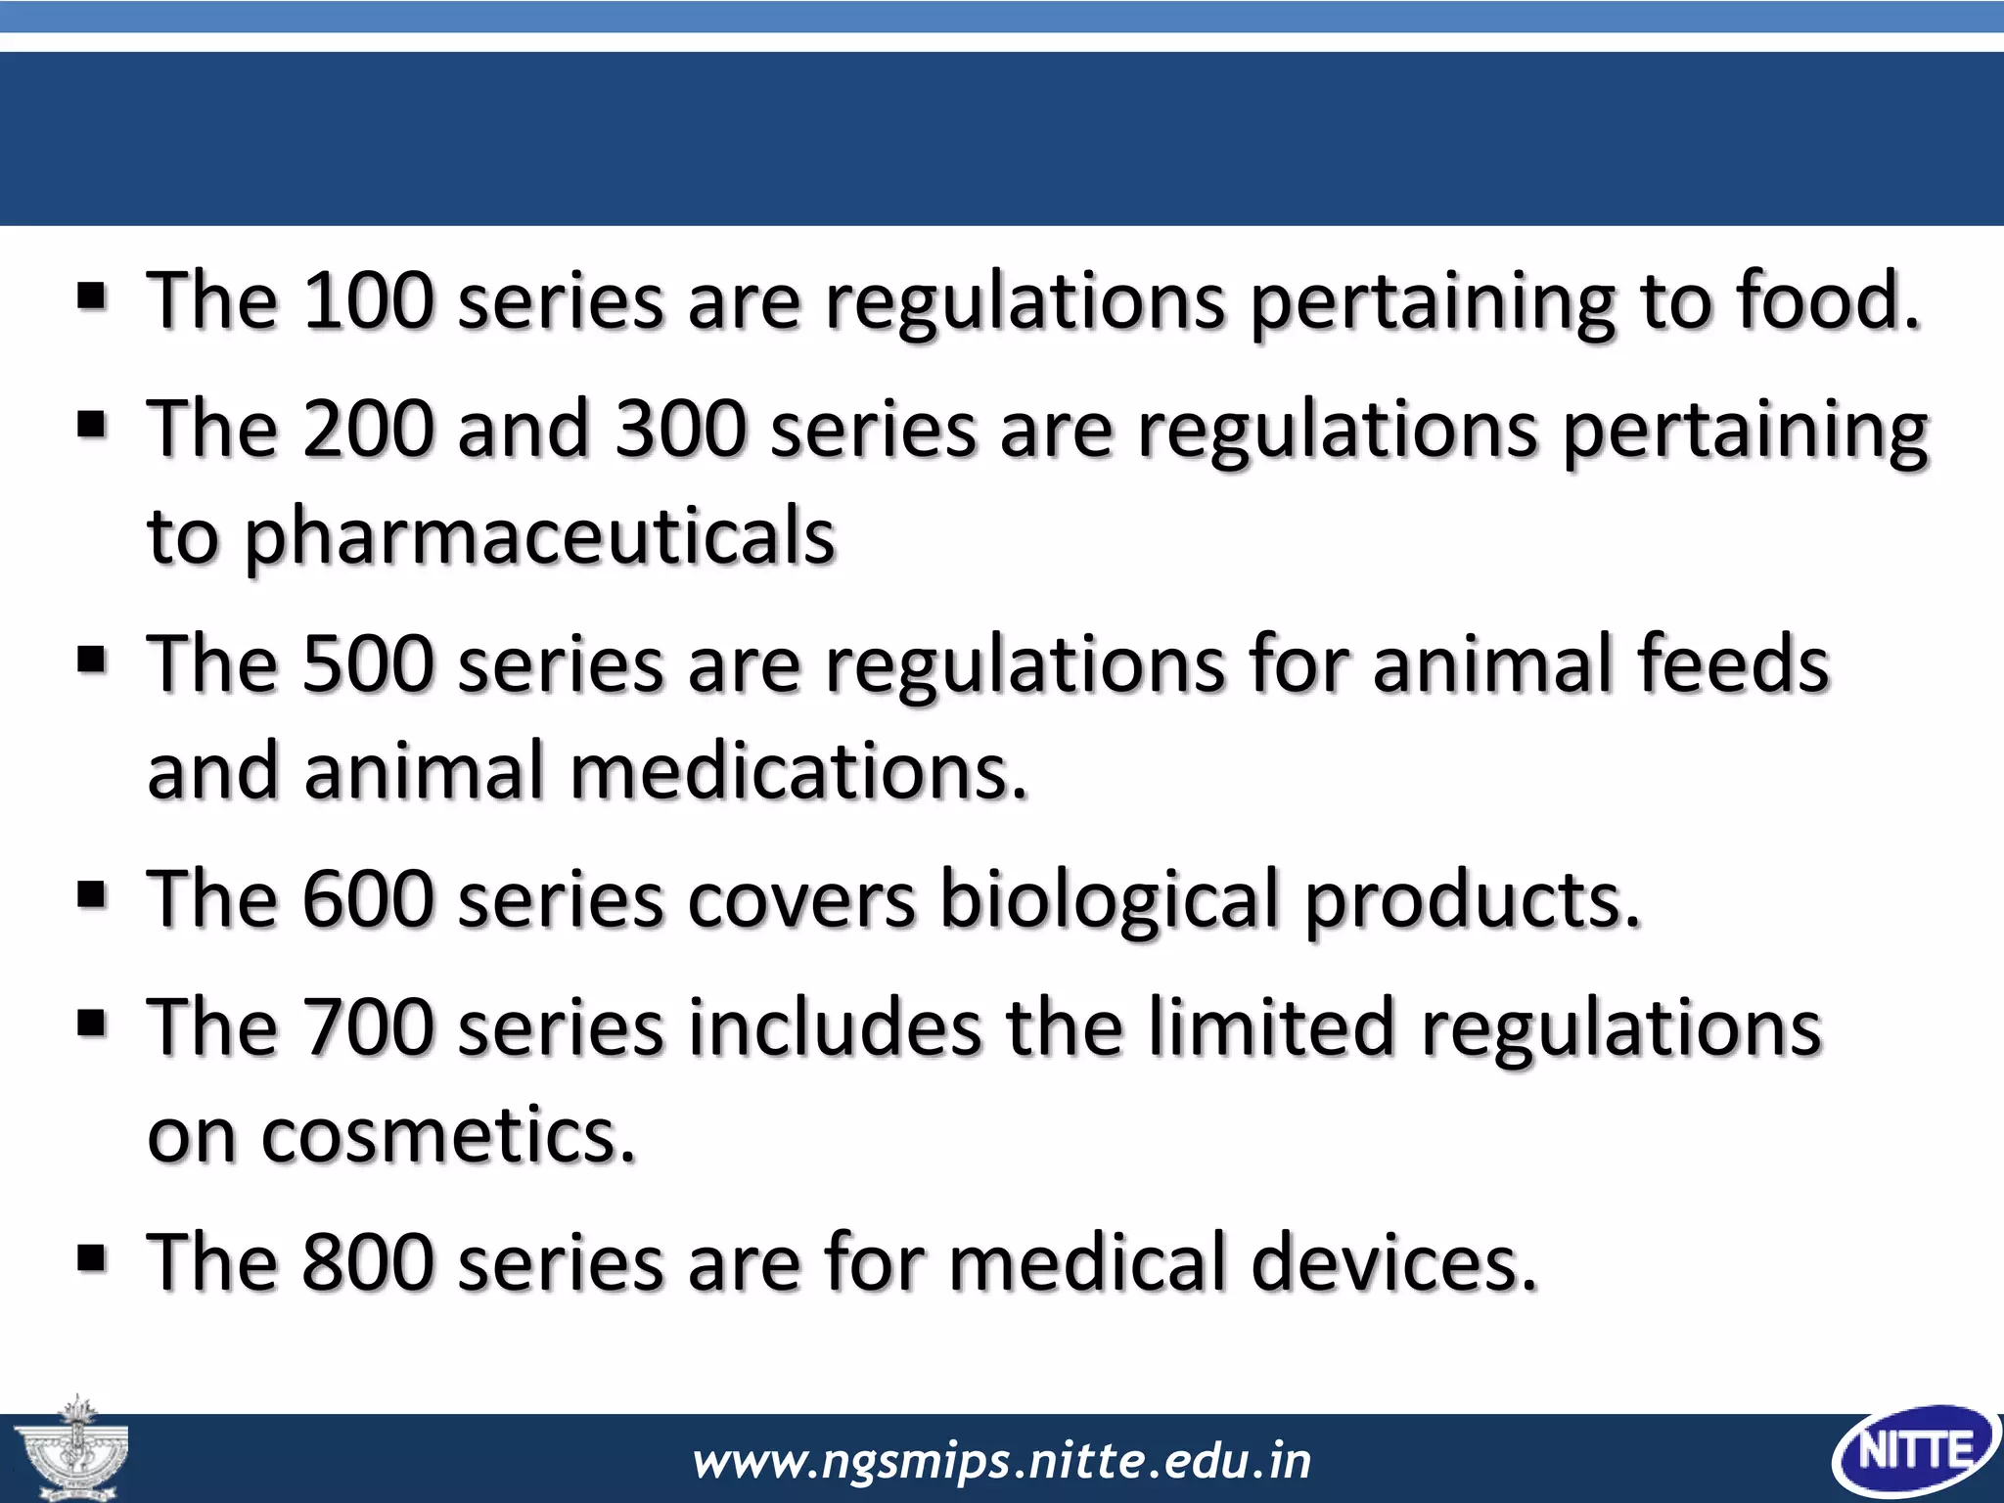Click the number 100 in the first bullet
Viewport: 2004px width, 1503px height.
pos(368,300)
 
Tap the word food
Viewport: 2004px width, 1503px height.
pos(1826,300)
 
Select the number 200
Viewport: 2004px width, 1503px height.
pos(368,430)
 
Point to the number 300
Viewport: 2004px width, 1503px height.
pos(681,430)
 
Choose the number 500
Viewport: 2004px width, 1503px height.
pos(368,664)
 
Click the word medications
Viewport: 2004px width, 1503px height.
pos(798,772)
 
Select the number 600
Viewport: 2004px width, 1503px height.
pos(368,899)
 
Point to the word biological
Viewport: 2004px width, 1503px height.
pos(1110,899)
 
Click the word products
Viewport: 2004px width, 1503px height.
pos(1472,899)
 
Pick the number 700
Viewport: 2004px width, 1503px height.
pos(368,1028)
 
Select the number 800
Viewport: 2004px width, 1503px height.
pos(368,1263)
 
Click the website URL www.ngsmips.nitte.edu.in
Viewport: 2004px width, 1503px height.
pos(1001,1461)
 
